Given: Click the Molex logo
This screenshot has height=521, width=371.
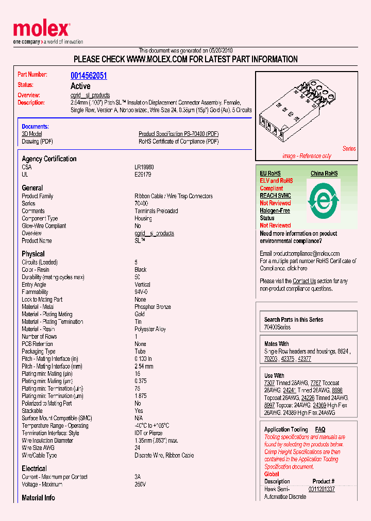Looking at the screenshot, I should tap(42, 30).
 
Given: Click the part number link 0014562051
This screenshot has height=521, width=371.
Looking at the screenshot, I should tap(89, 76).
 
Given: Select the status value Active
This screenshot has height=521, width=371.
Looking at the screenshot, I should tap(80, 86).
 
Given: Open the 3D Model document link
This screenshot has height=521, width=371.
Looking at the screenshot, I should tap(31, 134).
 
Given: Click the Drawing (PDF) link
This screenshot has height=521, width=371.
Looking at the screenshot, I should tap(37, 142).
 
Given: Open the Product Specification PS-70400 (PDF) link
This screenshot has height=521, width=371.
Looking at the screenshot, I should tap(178, 134).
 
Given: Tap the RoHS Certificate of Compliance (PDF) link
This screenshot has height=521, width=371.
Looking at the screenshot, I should tap(178, 142).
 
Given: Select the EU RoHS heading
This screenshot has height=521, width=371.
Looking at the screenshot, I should tap(270, 173).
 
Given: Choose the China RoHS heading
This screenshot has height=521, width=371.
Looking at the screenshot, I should tap(324, 173).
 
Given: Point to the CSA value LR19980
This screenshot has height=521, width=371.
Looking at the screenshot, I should tap(144, 167).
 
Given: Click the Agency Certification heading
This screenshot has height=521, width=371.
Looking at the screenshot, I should tap(49, 159).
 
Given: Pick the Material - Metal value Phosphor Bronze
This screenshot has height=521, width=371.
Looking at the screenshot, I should tap(153, 307).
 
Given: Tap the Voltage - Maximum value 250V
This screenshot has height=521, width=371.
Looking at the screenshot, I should tap(140, 484).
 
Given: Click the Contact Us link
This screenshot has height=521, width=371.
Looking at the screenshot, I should tap(304, 281).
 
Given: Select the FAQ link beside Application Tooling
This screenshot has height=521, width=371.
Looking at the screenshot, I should tap(320, 429).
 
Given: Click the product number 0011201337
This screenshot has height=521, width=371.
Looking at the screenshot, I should tap(322, 489).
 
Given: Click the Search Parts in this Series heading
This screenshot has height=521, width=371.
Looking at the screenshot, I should tap(294, 320).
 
